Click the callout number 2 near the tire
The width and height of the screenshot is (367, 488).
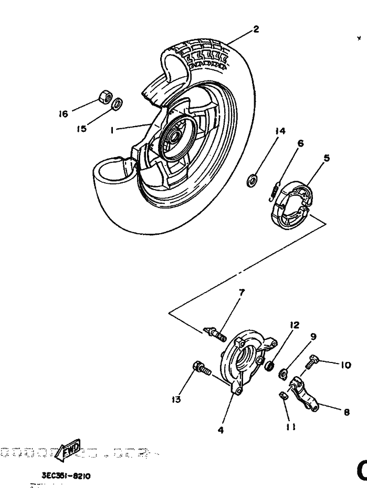click(256, 29)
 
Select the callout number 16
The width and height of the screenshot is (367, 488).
click(64, 113)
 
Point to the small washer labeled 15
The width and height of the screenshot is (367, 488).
click(118, 102)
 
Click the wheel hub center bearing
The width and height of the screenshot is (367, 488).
click(172, 137)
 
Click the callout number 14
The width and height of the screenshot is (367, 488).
click(280, 131)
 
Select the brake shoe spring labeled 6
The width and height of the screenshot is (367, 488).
click(274, 190)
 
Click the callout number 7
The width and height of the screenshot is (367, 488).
click(242, 292)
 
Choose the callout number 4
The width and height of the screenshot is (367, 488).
click(221, 430)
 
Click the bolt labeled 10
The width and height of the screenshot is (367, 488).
click(313, 361)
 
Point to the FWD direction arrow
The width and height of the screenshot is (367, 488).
click(70, 450)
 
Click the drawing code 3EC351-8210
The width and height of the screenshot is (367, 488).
click(67, 475)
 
